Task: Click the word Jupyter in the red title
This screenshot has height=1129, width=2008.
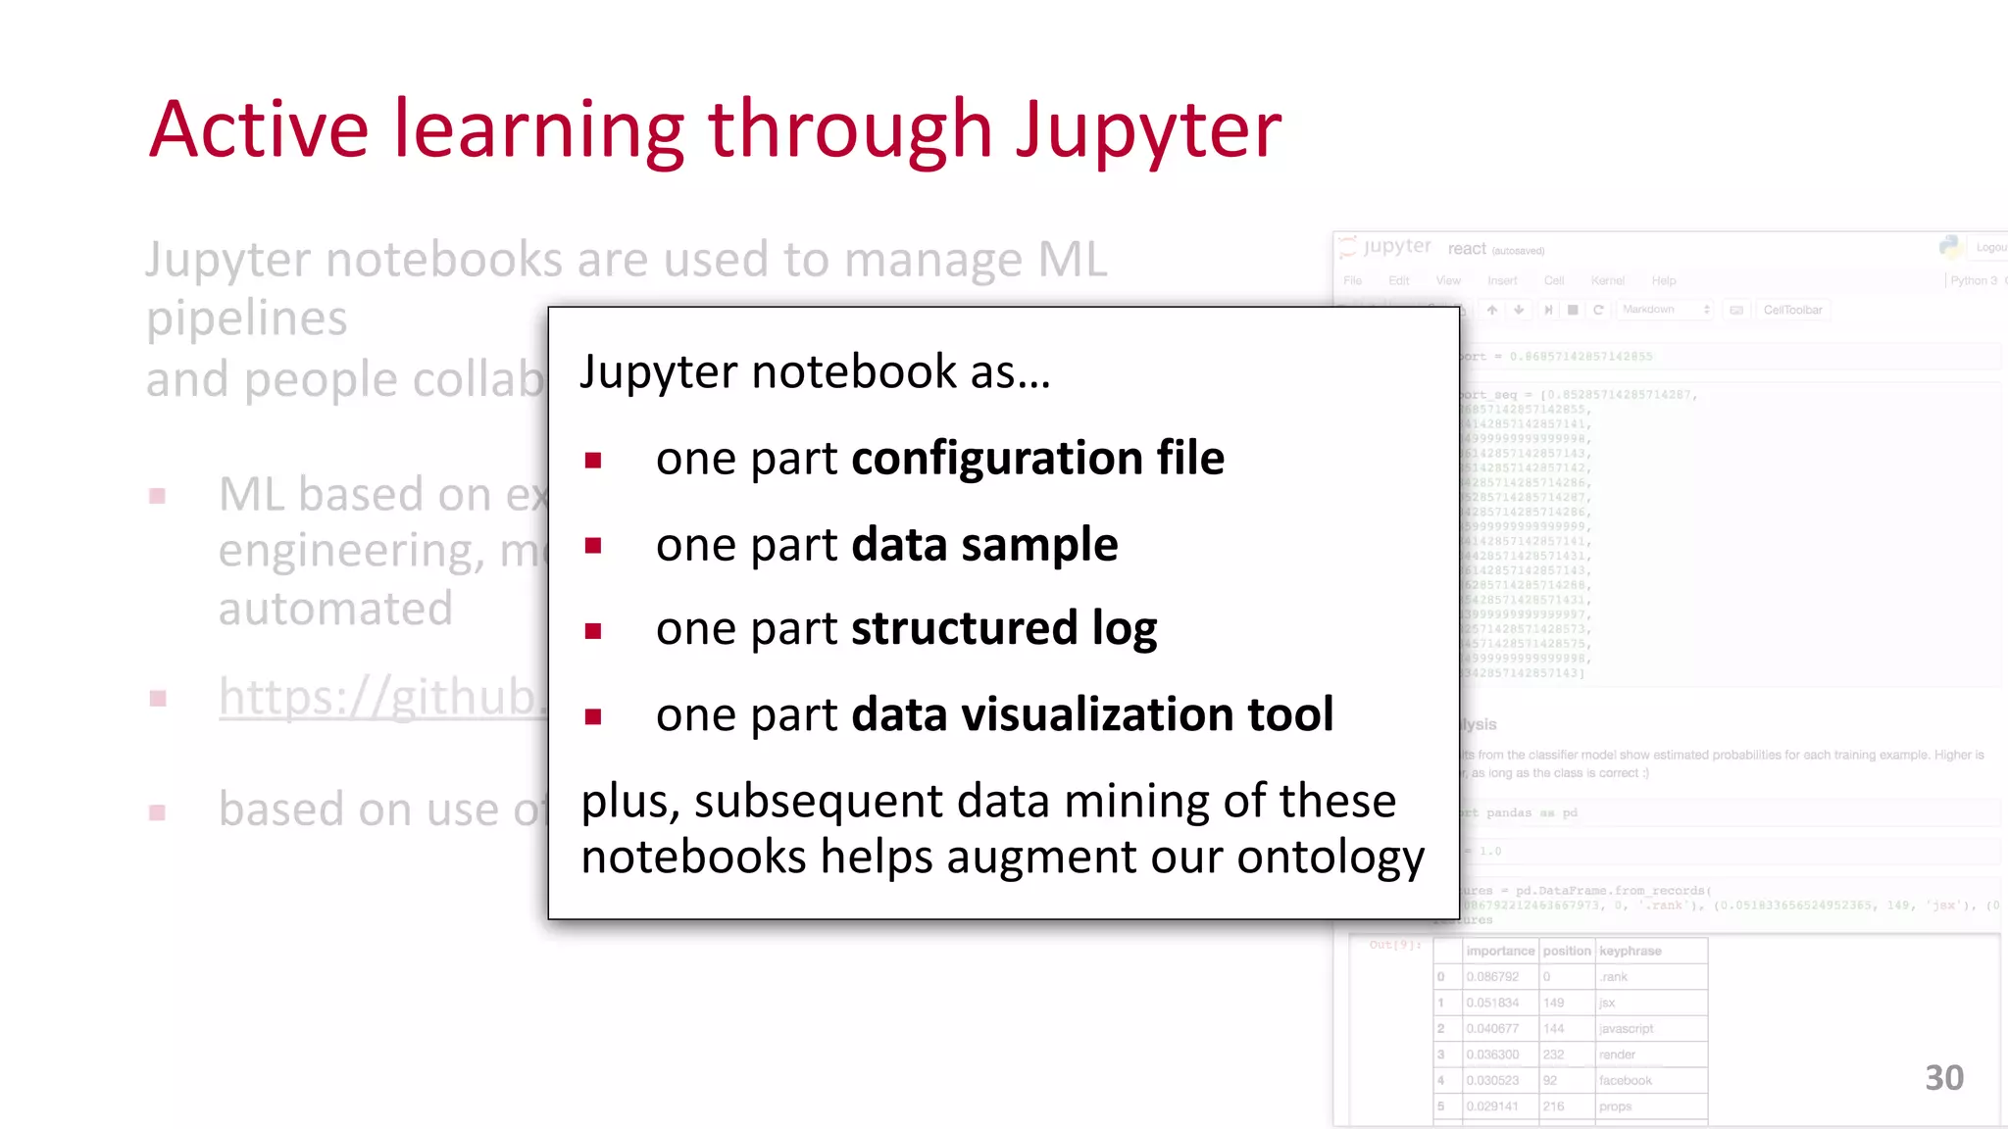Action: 1148,131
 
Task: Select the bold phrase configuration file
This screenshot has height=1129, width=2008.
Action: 1037,459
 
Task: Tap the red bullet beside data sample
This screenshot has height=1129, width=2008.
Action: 593,546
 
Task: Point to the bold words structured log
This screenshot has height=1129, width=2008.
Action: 1003,629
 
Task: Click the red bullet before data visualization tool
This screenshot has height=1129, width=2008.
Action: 593,716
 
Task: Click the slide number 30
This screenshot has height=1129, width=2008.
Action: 1943,1078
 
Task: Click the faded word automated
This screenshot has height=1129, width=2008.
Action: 335,609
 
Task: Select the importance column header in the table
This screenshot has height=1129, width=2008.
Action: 1499,951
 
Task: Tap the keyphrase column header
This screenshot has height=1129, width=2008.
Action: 1630,951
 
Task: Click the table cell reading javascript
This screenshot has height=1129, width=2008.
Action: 1626,1028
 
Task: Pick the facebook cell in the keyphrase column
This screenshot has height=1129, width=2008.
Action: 1625,1080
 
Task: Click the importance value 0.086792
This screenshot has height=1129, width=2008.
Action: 1492,977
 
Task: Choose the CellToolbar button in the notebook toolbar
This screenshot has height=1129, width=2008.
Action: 1792,310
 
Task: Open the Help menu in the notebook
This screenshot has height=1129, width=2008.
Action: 1663,280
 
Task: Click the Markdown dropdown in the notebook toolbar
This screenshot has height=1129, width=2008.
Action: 1665,310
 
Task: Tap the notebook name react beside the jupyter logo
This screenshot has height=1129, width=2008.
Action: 1467,249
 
